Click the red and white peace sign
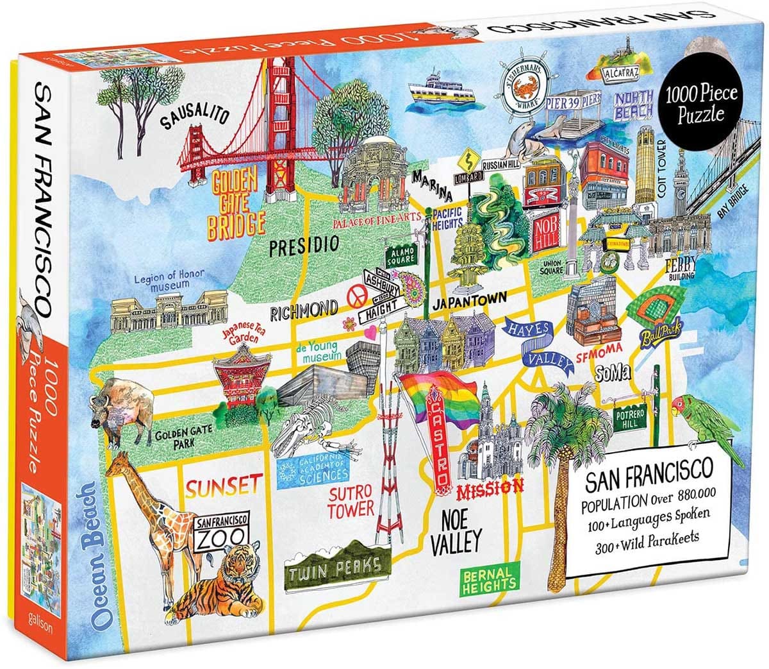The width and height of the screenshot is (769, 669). tap(354, 296)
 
